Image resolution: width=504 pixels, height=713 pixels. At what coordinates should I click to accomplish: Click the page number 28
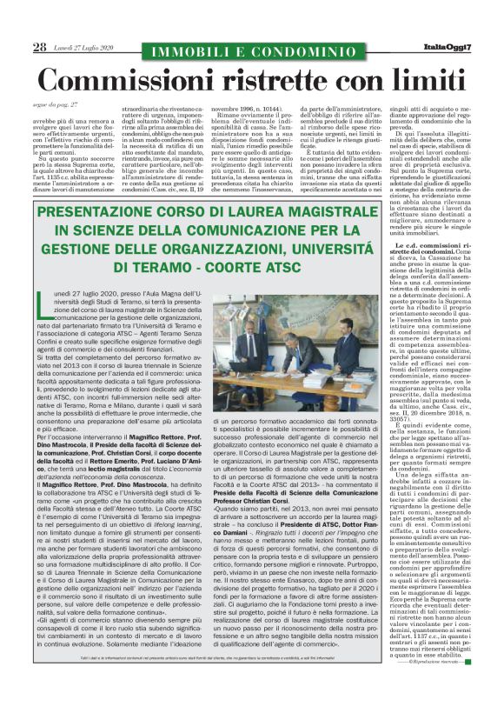click(39, 47)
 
